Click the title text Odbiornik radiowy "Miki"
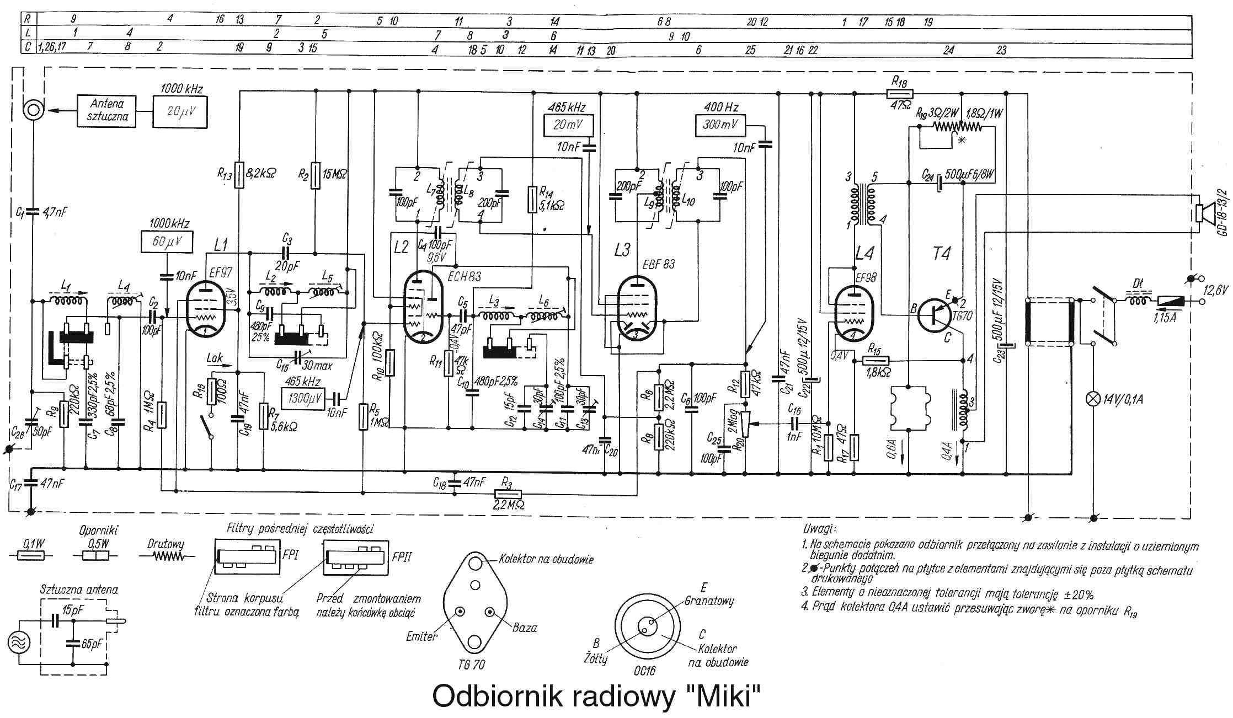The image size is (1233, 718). click(x=596, y=696)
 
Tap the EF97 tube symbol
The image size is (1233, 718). click(x=205, y=309)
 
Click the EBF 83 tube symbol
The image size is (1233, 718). click(x=637, y=309)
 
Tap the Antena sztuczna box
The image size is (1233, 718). click(x=106, y=110)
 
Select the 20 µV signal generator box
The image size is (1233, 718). click(x=180, y=111)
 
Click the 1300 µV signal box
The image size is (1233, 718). click(x=302, y=398)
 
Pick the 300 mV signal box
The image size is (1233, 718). click(x=720, y=125)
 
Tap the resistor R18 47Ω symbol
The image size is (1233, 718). click(x=900, y=94)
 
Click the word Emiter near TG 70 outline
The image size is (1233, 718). click(x=422, y=636)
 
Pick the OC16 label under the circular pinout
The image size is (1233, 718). click(x=644, y=671)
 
